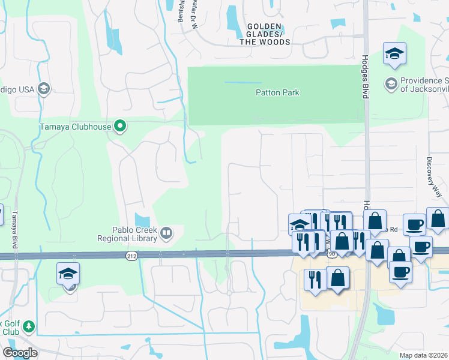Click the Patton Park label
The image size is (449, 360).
click(x=277, y=92)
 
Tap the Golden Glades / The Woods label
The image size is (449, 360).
click(x=265, y=34)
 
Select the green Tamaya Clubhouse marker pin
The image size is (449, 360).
click(x=120, y=126)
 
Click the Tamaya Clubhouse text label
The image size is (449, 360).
click(x=75, y=127)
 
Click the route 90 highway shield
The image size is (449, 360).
click(x=332, y=254)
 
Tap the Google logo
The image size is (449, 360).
click(x=19, y=353)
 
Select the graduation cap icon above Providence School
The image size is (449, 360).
click(x=395, y=53)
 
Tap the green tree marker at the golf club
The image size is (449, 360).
click(x=28, y=326)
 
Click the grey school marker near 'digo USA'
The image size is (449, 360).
click(x=43, y=89)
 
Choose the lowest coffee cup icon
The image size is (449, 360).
click(x=400, y=271)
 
